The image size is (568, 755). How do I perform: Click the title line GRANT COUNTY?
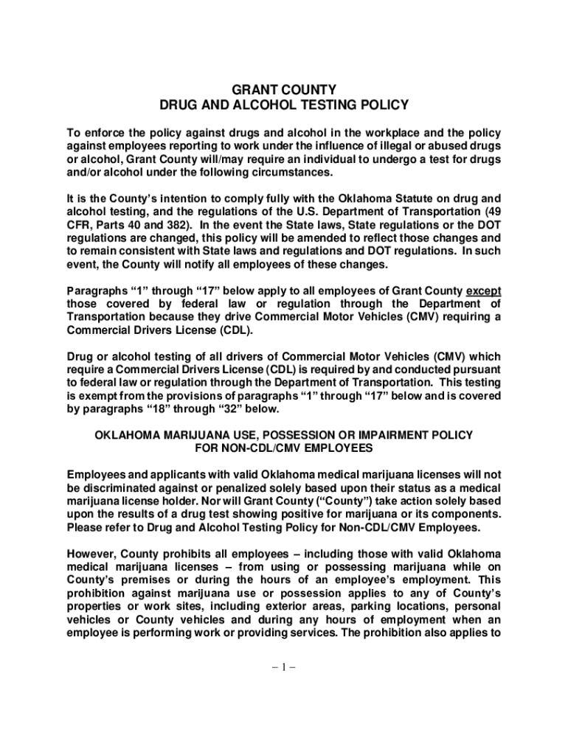[x=284, y=90]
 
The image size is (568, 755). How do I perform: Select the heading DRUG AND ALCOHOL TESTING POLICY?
[x=284, y=105]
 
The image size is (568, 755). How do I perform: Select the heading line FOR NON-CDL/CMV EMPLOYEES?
[x=284, y=448]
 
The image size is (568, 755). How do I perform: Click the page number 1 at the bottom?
[x=284, y=668]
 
